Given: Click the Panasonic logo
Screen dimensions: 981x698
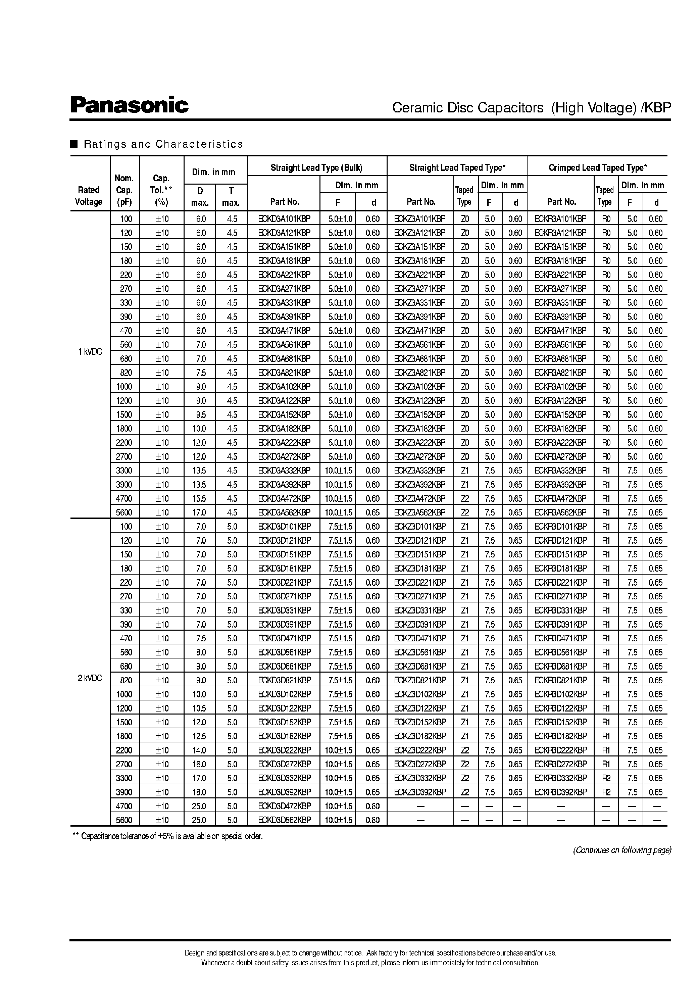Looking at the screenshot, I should coord(130,105).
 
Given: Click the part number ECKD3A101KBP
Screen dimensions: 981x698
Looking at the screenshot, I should coord(284,219).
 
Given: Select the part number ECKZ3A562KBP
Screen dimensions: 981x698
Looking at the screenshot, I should coord(419,512).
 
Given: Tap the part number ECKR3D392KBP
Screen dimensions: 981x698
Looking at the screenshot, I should coord(560,792).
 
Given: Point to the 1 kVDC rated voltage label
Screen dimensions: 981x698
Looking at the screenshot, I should coord(90,352).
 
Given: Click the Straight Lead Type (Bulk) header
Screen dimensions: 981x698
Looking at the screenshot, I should coord(316,168).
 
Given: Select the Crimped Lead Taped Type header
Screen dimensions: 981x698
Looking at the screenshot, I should coord(597,168).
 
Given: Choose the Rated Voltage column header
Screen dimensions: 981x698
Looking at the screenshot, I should coord(89,196).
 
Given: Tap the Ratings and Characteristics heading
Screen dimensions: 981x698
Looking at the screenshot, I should coord(163,144).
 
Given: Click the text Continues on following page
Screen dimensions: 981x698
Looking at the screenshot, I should coord(622,850).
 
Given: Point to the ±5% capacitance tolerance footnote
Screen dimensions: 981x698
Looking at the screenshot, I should coord(168,836).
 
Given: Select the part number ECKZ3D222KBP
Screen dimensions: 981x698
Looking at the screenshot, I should coord(420,750).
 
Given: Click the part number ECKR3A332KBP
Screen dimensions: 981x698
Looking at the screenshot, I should coord(560,470).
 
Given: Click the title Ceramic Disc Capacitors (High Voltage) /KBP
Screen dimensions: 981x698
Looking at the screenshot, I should coord(531,107).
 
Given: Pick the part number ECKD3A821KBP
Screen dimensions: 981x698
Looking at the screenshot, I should coord(284,373).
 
